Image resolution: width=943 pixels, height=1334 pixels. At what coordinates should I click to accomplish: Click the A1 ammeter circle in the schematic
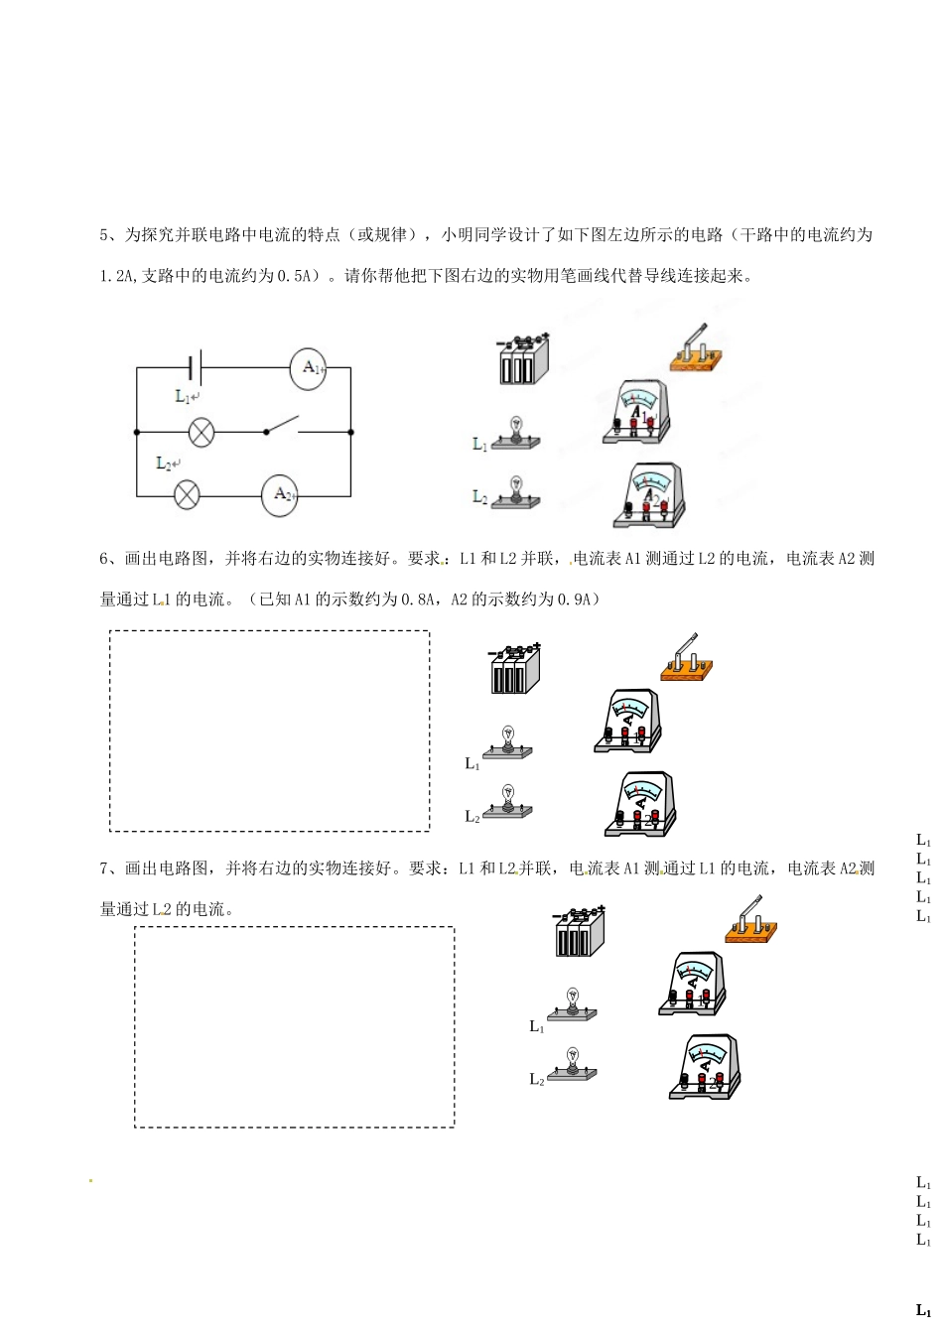point(308,368)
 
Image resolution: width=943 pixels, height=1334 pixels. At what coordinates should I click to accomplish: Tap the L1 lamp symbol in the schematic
point(202,432)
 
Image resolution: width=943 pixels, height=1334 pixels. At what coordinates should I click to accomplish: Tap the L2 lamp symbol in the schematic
point(187,493)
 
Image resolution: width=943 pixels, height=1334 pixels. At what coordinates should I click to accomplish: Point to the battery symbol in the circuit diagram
point(197,367)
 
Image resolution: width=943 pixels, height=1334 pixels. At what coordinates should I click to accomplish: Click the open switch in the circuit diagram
point(282,427)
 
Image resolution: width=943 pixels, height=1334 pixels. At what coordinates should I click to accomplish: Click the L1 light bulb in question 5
point(516,434)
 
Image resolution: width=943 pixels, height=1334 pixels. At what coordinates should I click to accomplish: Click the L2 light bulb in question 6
point(507,801)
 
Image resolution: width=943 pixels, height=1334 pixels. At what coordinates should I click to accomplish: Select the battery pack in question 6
point(515,669)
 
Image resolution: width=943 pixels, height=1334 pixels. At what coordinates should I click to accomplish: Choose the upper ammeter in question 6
point(627,722)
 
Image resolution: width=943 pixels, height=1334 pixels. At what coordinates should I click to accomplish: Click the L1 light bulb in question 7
point(572,1004)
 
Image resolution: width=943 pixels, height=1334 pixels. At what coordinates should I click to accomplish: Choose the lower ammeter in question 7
point(706,1066)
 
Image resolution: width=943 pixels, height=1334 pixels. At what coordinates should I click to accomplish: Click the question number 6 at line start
point(104,559)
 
